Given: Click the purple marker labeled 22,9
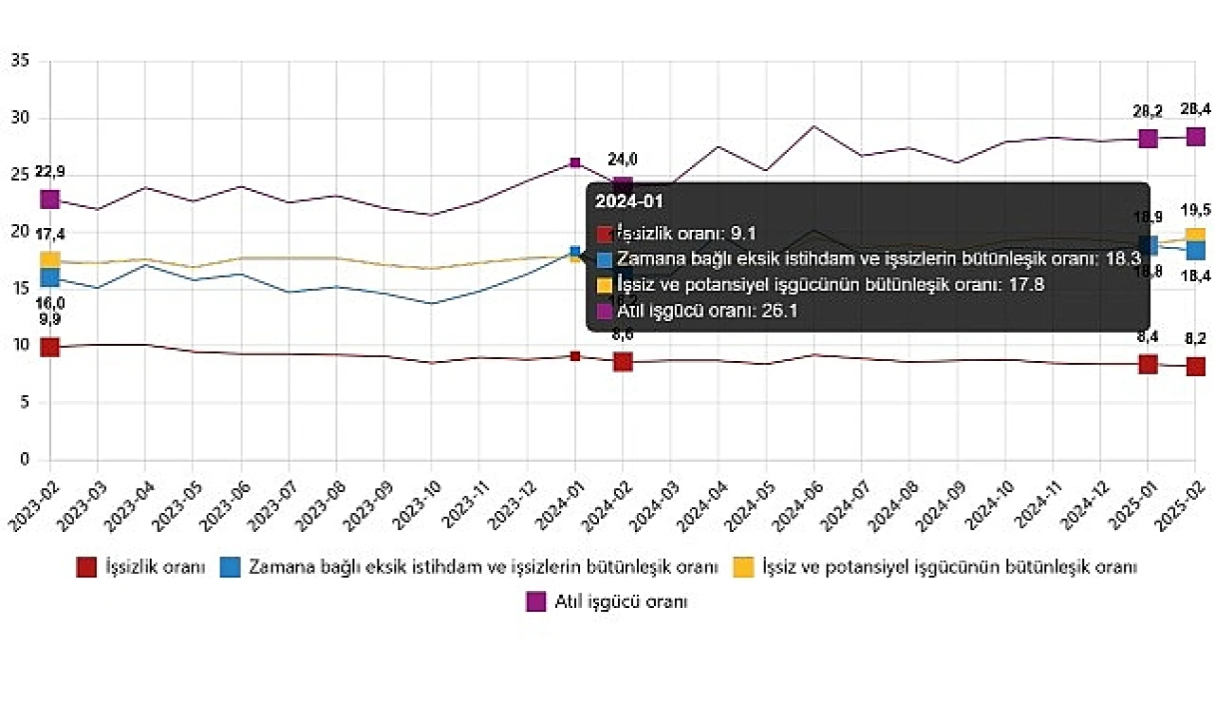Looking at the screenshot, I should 50,199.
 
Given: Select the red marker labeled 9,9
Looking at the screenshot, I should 50,348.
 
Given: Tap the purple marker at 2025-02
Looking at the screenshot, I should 1195,137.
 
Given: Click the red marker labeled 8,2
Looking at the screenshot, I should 1195,367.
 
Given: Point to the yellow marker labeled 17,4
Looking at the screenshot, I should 50,260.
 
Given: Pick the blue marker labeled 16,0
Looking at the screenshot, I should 50,277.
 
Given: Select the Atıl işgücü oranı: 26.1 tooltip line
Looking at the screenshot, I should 708,309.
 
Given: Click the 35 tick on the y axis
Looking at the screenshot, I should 20,62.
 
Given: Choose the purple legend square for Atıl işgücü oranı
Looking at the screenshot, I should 535,601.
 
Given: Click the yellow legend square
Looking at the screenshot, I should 744,567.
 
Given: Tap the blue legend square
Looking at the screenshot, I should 230,567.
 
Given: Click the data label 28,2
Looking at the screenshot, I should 1148,111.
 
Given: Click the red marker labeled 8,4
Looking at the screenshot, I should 1148,364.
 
